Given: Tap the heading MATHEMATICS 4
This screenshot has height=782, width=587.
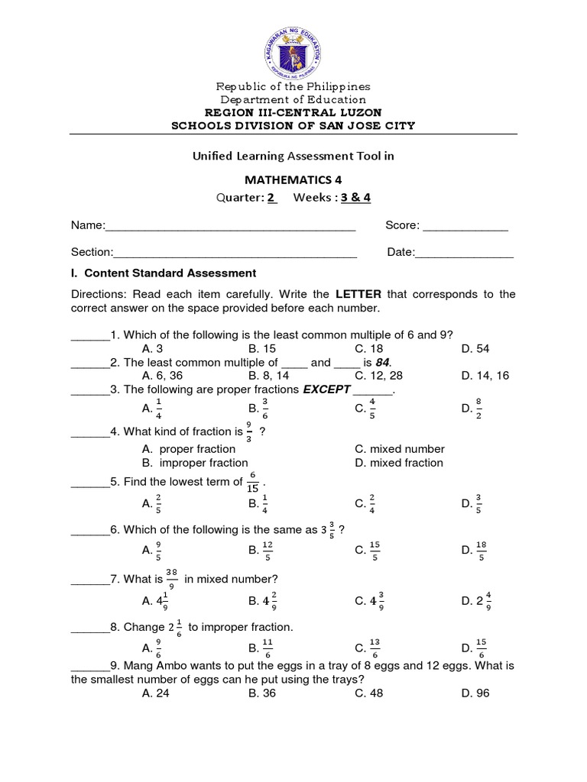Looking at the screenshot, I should [293, 180].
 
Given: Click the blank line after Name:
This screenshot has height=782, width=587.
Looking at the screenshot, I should [229, 227].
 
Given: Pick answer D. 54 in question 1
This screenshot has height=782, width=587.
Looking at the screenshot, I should [475, 348].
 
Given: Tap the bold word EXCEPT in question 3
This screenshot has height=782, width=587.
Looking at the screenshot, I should [326, 389].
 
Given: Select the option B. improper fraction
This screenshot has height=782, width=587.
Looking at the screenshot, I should [195, 463].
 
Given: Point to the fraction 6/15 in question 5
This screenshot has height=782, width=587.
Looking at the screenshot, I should [252, 482].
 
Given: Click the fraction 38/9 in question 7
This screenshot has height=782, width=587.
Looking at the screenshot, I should [172, 579].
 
